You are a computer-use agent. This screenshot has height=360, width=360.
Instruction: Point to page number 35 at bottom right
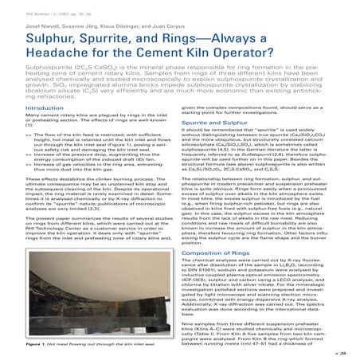346,350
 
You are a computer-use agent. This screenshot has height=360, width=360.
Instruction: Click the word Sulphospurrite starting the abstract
27,68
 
